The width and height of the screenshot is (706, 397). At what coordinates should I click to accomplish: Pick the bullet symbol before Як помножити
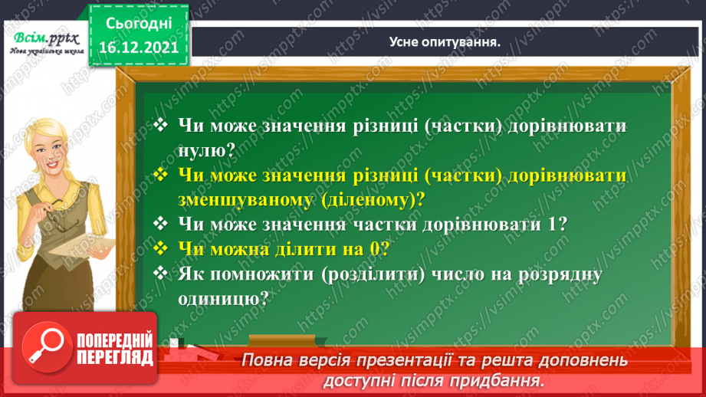click(160, 273)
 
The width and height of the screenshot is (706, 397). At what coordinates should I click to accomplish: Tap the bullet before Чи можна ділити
click(160, 248)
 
